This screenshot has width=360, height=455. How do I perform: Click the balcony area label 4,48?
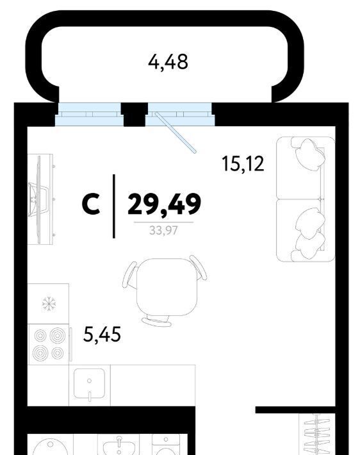click(x=168, y=62)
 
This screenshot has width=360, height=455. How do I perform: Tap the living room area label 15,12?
click(x=243, y=163)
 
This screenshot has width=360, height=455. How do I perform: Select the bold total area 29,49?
click(x=164, y=204)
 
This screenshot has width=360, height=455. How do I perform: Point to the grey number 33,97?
click(x=163, y=231)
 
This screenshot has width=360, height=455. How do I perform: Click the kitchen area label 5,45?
click(x=102, y=334)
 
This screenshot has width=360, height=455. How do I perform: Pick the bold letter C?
click(x=91, y=204)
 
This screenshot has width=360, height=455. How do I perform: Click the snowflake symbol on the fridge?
click(x=49, y=304)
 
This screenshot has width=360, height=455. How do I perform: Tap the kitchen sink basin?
click(x=89, y=383)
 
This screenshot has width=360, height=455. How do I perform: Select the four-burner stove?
click(x=49, y=344)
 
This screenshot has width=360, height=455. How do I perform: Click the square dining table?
click(x=167, y=287)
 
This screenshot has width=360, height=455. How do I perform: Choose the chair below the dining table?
click(x=157, y=320)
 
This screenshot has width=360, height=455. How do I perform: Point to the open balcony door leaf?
click(x=176, y=133)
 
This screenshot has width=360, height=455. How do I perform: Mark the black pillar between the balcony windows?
click(x=135, y=115)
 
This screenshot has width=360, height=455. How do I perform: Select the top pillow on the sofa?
click(x=309, y=154)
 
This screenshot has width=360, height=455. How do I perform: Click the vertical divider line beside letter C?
click(x=114, y=206)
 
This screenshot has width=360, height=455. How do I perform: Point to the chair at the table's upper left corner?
click(x=129, y=275)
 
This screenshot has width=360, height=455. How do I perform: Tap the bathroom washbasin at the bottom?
click(x=119, y=445)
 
